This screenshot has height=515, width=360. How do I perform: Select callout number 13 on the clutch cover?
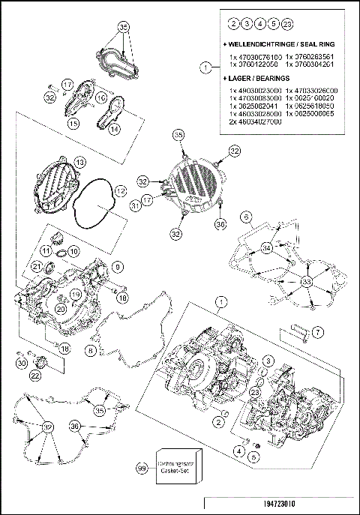pyautogui.click(x=79, y=162)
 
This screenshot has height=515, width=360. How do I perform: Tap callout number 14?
pyautogui.click(x=114, y=129)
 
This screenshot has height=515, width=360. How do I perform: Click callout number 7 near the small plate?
pyautogui.click(x=318, y=331)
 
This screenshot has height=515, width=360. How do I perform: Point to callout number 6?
pyautogui.click(x=244, y=217)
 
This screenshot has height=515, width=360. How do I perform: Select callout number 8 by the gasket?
pyautogui.click(x=91, y=349)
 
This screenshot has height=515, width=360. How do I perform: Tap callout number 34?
pyautogui.click(x=265, y=248)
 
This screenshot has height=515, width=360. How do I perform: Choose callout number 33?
pyautogui.click(x=306, y=281)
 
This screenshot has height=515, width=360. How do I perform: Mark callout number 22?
pyautogui.click(x=35, y=375)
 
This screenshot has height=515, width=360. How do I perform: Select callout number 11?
pyautogui.click(x=45, y=250)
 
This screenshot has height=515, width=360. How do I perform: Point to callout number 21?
pyautogui.click(x=36, y=268)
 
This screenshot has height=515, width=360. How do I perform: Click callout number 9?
pyautogui.click(x=117, y=266)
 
